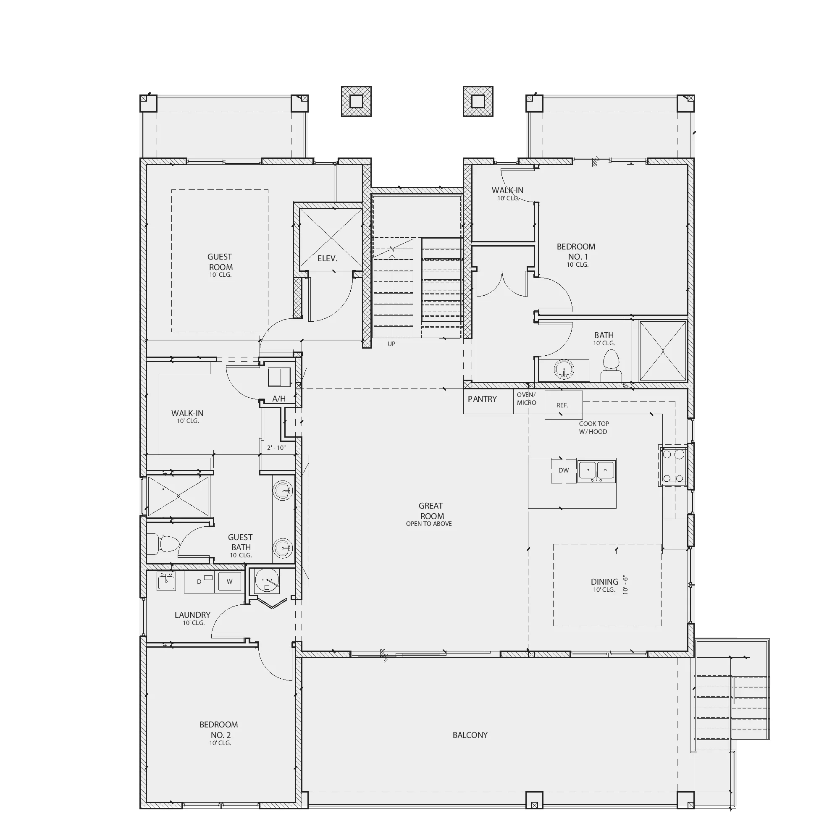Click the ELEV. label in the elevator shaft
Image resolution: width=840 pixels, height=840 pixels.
(x=328, y=258)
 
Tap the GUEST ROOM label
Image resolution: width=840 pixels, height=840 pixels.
(x=220, y=262)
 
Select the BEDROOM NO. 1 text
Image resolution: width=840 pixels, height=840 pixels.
(x=576, y=251)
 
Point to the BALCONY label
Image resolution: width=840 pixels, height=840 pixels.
(x=470, y=735)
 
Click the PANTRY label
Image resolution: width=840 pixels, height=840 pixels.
(x=482, y=399)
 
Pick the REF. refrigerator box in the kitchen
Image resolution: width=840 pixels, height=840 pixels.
(x=564, y=405)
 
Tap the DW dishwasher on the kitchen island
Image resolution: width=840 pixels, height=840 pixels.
(x=564, y=470)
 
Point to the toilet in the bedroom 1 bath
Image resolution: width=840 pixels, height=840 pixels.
(x=611, y=366)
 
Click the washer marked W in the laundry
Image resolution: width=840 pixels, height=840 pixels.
(x=229, y=581)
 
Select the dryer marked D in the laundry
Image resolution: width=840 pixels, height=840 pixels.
(x=200, y=582)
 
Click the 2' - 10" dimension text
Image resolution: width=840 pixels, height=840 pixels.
(x=276, y=447)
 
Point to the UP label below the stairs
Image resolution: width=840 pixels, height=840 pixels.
(x=391, y=344)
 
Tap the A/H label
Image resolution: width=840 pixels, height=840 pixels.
(x=279, y=399)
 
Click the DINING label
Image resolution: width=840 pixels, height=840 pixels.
(x=604, y=581)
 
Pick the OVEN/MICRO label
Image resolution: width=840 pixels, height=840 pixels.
(x=527, y=399)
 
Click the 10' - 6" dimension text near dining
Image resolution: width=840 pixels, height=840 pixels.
(x=626, y=585)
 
